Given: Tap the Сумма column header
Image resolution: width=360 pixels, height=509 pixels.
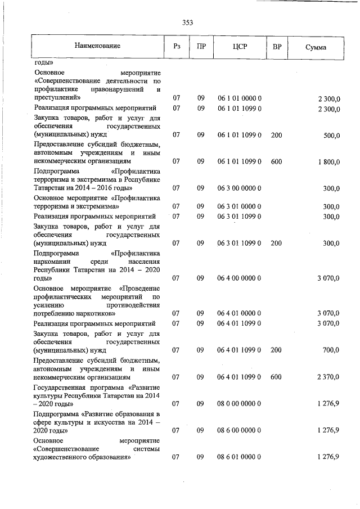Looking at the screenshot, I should [316, 47].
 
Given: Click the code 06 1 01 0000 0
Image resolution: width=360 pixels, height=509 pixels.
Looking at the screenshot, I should [240, 98].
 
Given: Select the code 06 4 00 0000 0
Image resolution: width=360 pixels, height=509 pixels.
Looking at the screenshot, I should [240, 278].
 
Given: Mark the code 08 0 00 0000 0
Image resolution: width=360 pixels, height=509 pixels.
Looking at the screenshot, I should [240, 403].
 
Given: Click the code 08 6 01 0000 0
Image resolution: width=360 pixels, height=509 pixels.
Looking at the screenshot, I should [240, 457].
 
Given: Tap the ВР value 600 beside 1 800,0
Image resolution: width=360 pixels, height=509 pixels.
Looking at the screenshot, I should [276, 161].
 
